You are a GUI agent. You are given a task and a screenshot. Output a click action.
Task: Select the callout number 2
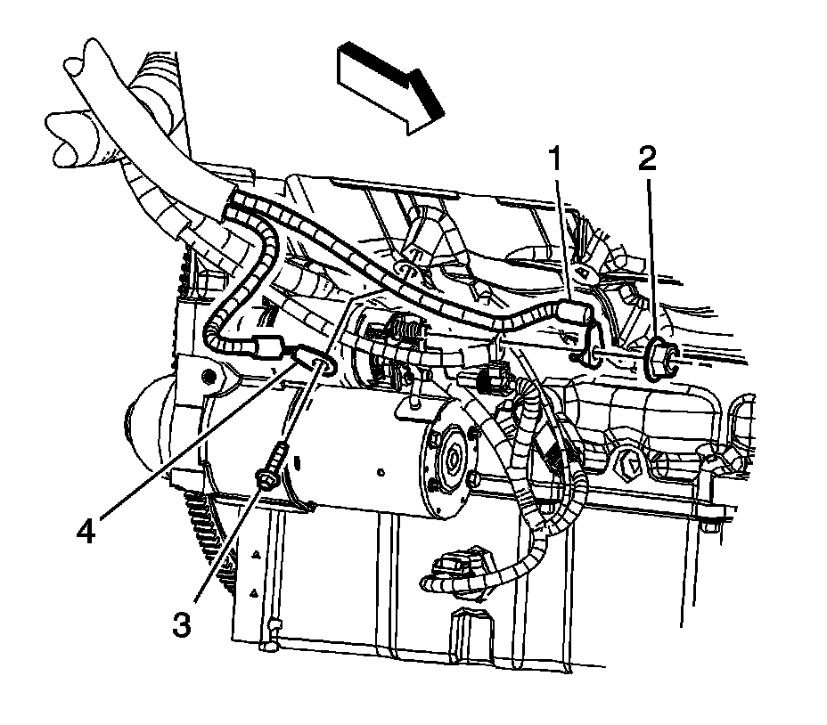pos(647,159)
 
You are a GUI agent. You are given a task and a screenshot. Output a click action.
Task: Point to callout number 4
pos(86,532)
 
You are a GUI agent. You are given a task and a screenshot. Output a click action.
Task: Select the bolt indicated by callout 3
pos(271,473)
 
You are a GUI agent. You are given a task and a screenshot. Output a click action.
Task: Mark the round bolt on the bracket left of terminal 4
pos(209,375)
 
